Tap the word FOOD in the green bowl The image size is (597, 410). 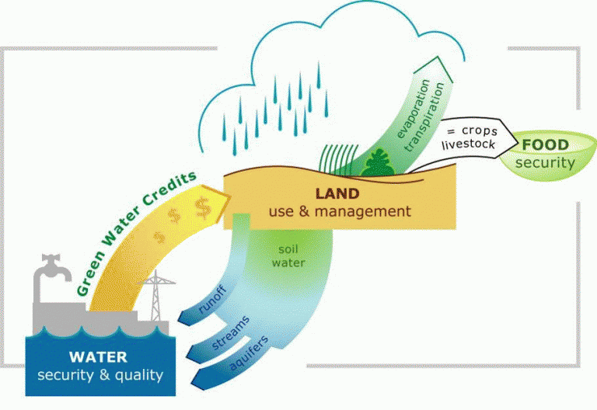point(545,145)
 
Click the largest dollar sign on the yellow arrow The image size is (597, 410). point(204,207)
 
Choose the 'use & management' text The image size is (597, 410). point(339,210)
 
